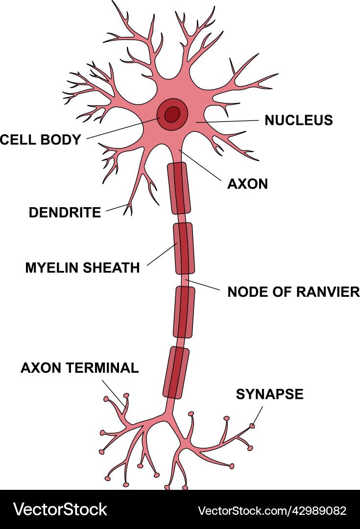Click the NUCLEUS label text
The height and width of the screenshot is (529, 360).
[x=298, y=120]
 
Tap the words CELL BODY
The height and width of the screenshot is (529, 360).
[x=41, y=140]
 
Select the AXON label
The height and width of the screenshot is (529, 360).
[x=248, y=184]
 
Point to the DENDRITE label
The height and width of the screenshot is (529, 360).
[x=65, y=213]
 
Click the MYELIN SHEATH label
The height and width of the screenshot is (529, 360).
[x=82, y=268]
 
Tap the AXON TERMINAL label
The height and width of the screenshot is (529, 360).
[x=79, y=368]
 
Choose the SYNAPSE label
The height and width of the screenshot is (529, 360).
[x=269, y=394]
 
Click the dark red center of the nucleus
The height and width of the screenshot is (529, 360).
[x=172, y=115]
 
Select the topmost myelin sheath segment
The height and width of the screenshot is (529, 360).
[x=178, y=188]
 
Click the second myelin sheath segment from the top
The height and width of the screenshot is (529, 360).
[x=184, y=248]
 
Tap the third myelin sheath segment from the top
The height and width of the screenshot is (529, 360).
[x=185, y=312]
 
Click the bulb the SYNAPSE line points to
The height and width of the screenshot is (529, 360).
[x=253, y=426]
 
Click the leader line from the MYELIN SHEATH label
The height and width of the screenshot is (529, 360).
[x=161, y=254]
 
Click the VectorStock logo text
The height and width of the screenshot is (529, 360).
[x=60, y=509]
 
